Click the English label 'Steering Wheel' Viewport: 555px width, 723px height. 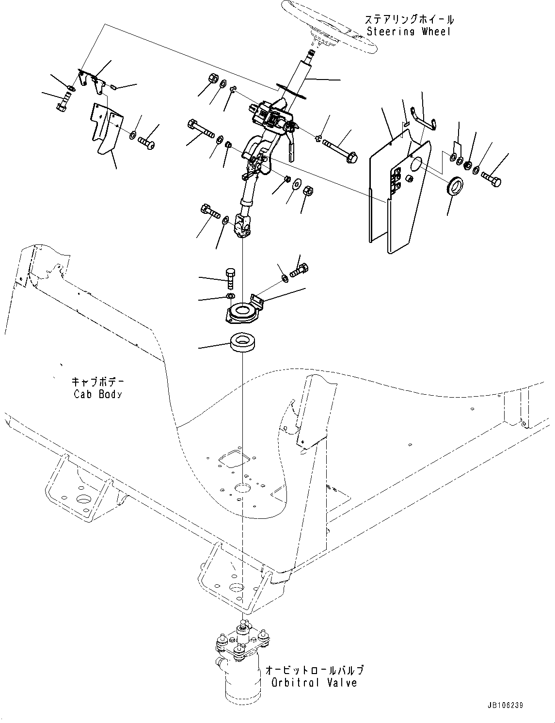(x=409, y=32)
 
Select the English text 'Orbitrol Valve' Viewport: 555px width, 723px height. (x=314, y=683)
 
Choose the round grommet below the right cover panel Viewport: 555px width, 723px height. (x=455, y=186)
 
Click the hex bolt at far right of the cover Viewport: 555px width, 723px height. (x=492, y=180)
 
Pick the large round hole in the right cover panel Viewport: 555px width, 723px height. (x=416, y=163)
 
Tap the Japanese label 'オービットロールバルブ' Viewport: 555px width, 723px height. (x=314, y=670)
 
